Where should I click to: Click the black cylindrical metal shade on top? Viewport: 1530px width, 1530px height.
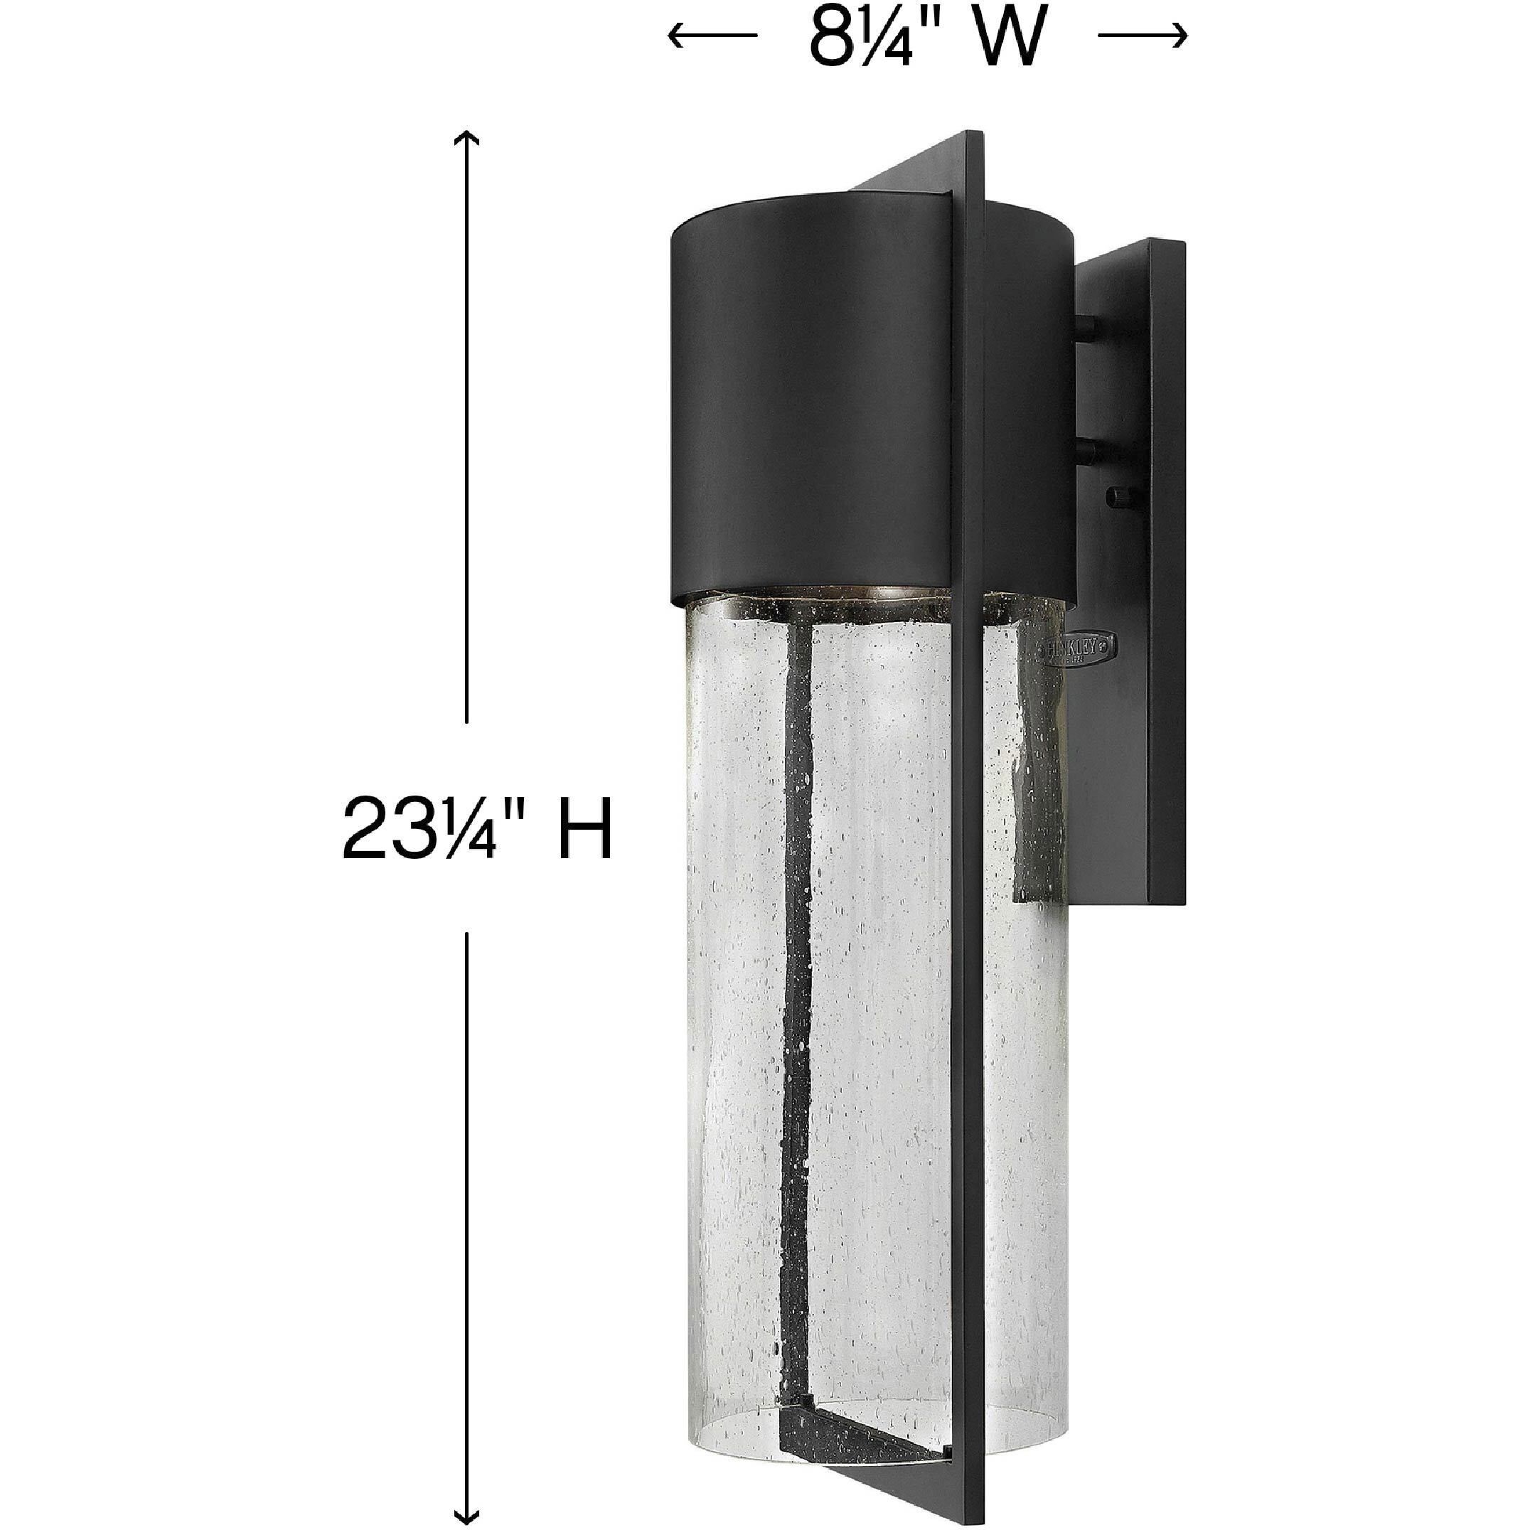pos(808,396)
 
